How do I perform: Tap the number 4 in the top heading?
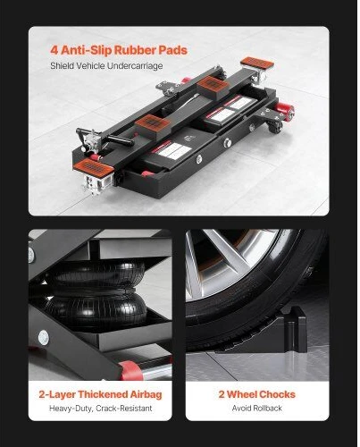point(54,50)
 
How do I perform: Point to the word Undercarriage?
point(135,66)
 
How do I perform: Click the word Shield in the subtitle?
point(61,65)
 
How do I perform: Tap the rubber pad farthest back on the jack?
point(257,63)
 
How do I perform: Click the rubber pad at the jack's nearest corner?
point(93,167)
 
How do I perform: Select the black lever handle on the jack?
point(121,139)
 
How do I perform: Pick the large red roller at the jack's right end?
point(286,111)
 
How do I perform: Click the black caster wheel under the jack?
point(275,128)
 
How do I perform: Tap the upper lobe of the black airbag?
point(96,275)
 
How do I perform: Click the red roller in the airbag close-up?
point(130,371)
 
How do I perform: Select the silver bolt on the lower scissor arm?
point(44,338)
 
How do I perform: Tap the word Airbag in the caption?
point(146,394)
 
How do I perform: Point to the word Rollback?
point(267,408)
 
